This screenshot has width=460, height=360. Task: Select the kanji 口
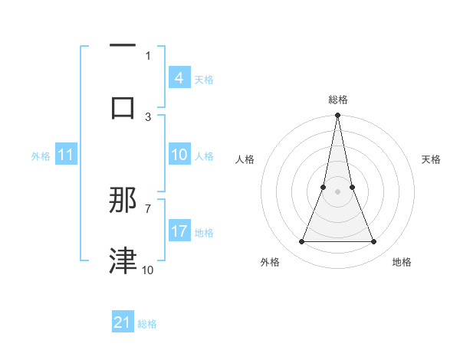click(123, 107)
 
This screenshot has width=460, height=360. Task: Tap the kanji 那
click(123, 201)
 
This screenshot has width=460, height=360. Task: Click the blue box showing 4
click(179, 78)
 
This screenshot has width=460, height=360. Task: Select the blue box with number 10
click(179, 155)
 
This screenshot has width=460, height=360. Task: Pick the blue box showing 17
click(179, 231)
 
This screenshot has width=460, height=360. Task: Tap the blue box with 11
click(66, 155)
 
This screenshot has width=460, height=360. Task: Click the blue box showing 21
click(123, 322)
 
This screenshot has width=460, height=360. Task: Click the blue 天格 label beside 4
click(204, 80)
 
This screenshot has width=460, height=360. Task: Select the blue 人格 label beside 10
click(204, 156)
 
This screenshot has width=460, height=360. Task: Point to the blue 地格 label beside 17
click(204, 233)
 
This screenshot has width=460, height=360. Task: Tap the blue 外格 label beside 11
click(41, 156)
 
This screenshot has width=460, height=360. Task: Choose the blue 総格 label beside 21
click(147, 324)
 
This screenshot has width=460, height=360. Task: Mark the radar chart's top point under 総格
click(337, 116)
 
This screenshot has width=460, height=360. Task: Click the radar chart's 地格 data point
click(374, 242)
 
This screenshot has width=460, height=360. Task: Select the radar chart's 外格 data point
click(301, 242)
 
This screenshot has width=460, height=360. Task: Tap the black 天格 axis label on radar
click(432, 159)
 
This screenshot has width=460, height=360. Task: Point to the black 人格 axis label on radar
click(245, 159)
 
